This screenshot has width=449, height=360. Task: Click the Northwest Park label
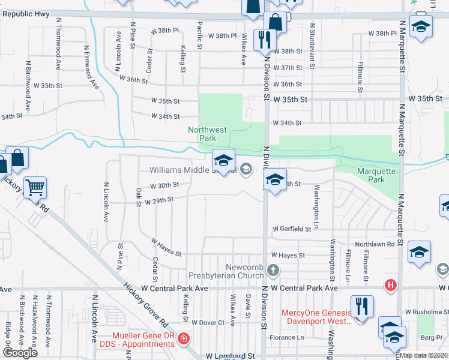click(x=207, y=133)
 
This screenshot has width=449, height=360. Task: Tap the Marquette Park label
click(x=376, y=175)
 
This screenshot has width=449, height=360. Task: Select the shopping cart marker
click(x=35, y=187)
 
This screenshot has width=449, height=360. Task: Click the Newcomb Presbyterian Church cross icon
click(x=274, y=269)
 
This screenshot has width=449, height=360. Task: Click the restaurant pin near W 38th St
click(x=264, y=40)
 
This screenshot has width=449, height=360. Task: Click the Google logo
click(x=20, y=352)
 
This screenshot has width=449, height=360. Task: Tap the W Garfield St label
click(x=292, y=229)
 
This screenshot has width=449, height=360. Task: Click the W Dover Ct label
click(x=208, y=322)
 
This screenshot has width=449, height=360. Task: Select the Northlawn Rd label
click(x=374, y=244)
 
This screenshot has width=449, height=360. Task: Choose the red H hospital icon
click(x=391, y=284)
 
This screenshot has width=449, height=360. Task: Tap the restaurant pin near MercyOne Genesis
click(x=362, y=306)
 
